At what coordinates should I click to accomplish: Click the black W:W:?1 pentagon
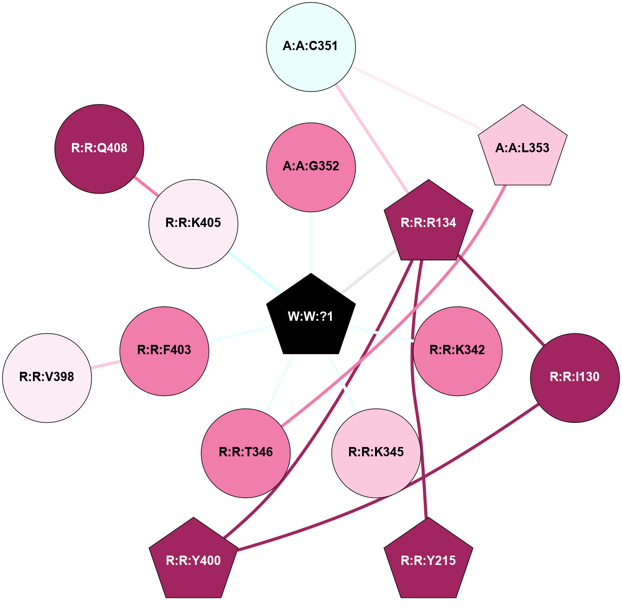click(x=311, y=316)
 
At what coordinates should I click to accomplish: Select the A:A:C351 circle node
click(x=311, y=46)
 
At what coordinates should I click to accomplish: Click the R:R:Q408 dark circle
click(x=99, y=149)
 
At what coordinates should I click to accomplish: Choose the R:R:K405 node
click(x=193, y=223)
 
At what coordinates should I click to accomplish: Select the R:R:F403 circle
click(x=164, y=351)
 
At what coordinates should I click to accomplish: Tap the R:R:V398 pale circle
click(x=47, y=377)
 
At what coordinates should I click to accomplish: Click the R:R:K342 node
click(x=457, y=351)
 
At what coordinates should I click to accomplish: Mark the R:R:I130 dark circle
click(x=575, y=377)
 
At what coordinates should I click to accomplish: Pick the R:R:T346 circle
click(x=246, y=453)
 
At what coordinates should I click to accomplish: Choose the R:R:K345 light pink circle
click(x=376, y=453)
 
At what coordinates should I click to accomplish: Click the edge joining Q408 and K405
click(x=146, y=186)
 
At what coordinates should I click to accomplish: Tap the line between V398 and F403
click(x=105, y=364)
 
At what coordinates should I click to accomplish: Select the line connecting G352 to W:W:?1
click(x=311, y=242)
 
